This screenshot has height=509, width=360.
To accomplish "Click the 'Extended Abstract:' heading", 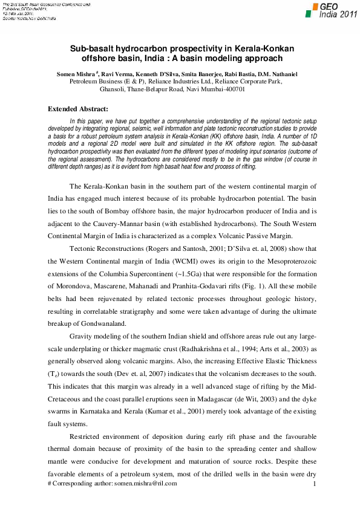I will tap(78, 109).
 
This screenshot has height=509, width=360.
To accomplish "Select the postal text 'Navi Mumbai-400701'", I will tap(215, 88).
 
